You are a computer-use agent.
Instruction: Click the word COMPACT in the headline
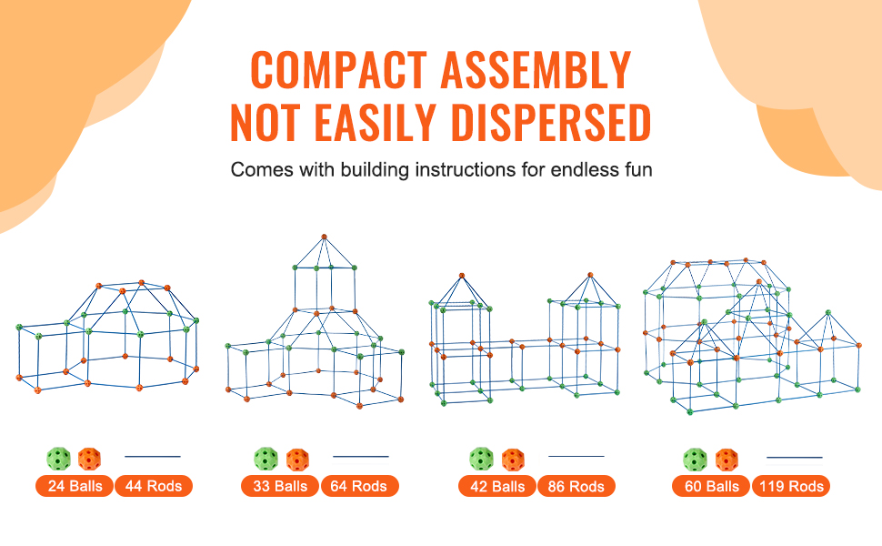(338, 70)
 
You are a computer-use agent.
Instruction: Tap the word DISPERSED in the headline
(551, 122)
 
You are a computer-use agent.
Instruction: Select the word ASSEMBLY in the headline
(536, 70)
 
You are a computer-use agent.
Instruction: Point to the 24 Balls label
(75, 486)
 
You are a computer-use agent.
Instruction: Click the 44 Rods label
(154, 486)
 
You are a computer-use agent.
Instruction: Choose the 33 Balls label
(279, 486)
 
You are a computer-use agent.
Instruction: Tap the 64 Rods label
(359, 486)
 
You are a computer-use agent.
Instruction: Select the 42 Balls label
(497, 486)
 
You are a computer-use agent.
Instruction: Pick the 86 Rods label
(576, 486)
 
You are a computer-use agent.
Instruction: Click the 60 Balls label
(711, 486)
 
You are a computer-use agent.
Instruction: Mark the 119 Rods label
(791, 486)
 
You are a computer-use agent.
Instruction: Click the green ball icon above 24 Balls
(58, 459)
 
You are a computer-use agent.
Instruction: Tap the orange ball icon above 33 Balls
(297, 460)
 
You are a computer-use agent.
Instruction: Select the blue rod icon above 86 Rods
(576, 456)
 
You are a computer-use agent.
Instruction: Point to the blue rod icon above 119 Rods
(794, 457)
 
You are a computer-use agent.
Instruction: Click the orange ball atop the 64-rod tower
(324, 237)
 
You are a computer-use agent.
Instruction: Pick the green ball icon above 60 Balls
(696, 460)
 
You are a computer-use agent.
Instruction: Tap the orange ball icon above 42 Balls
(513, 460)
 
